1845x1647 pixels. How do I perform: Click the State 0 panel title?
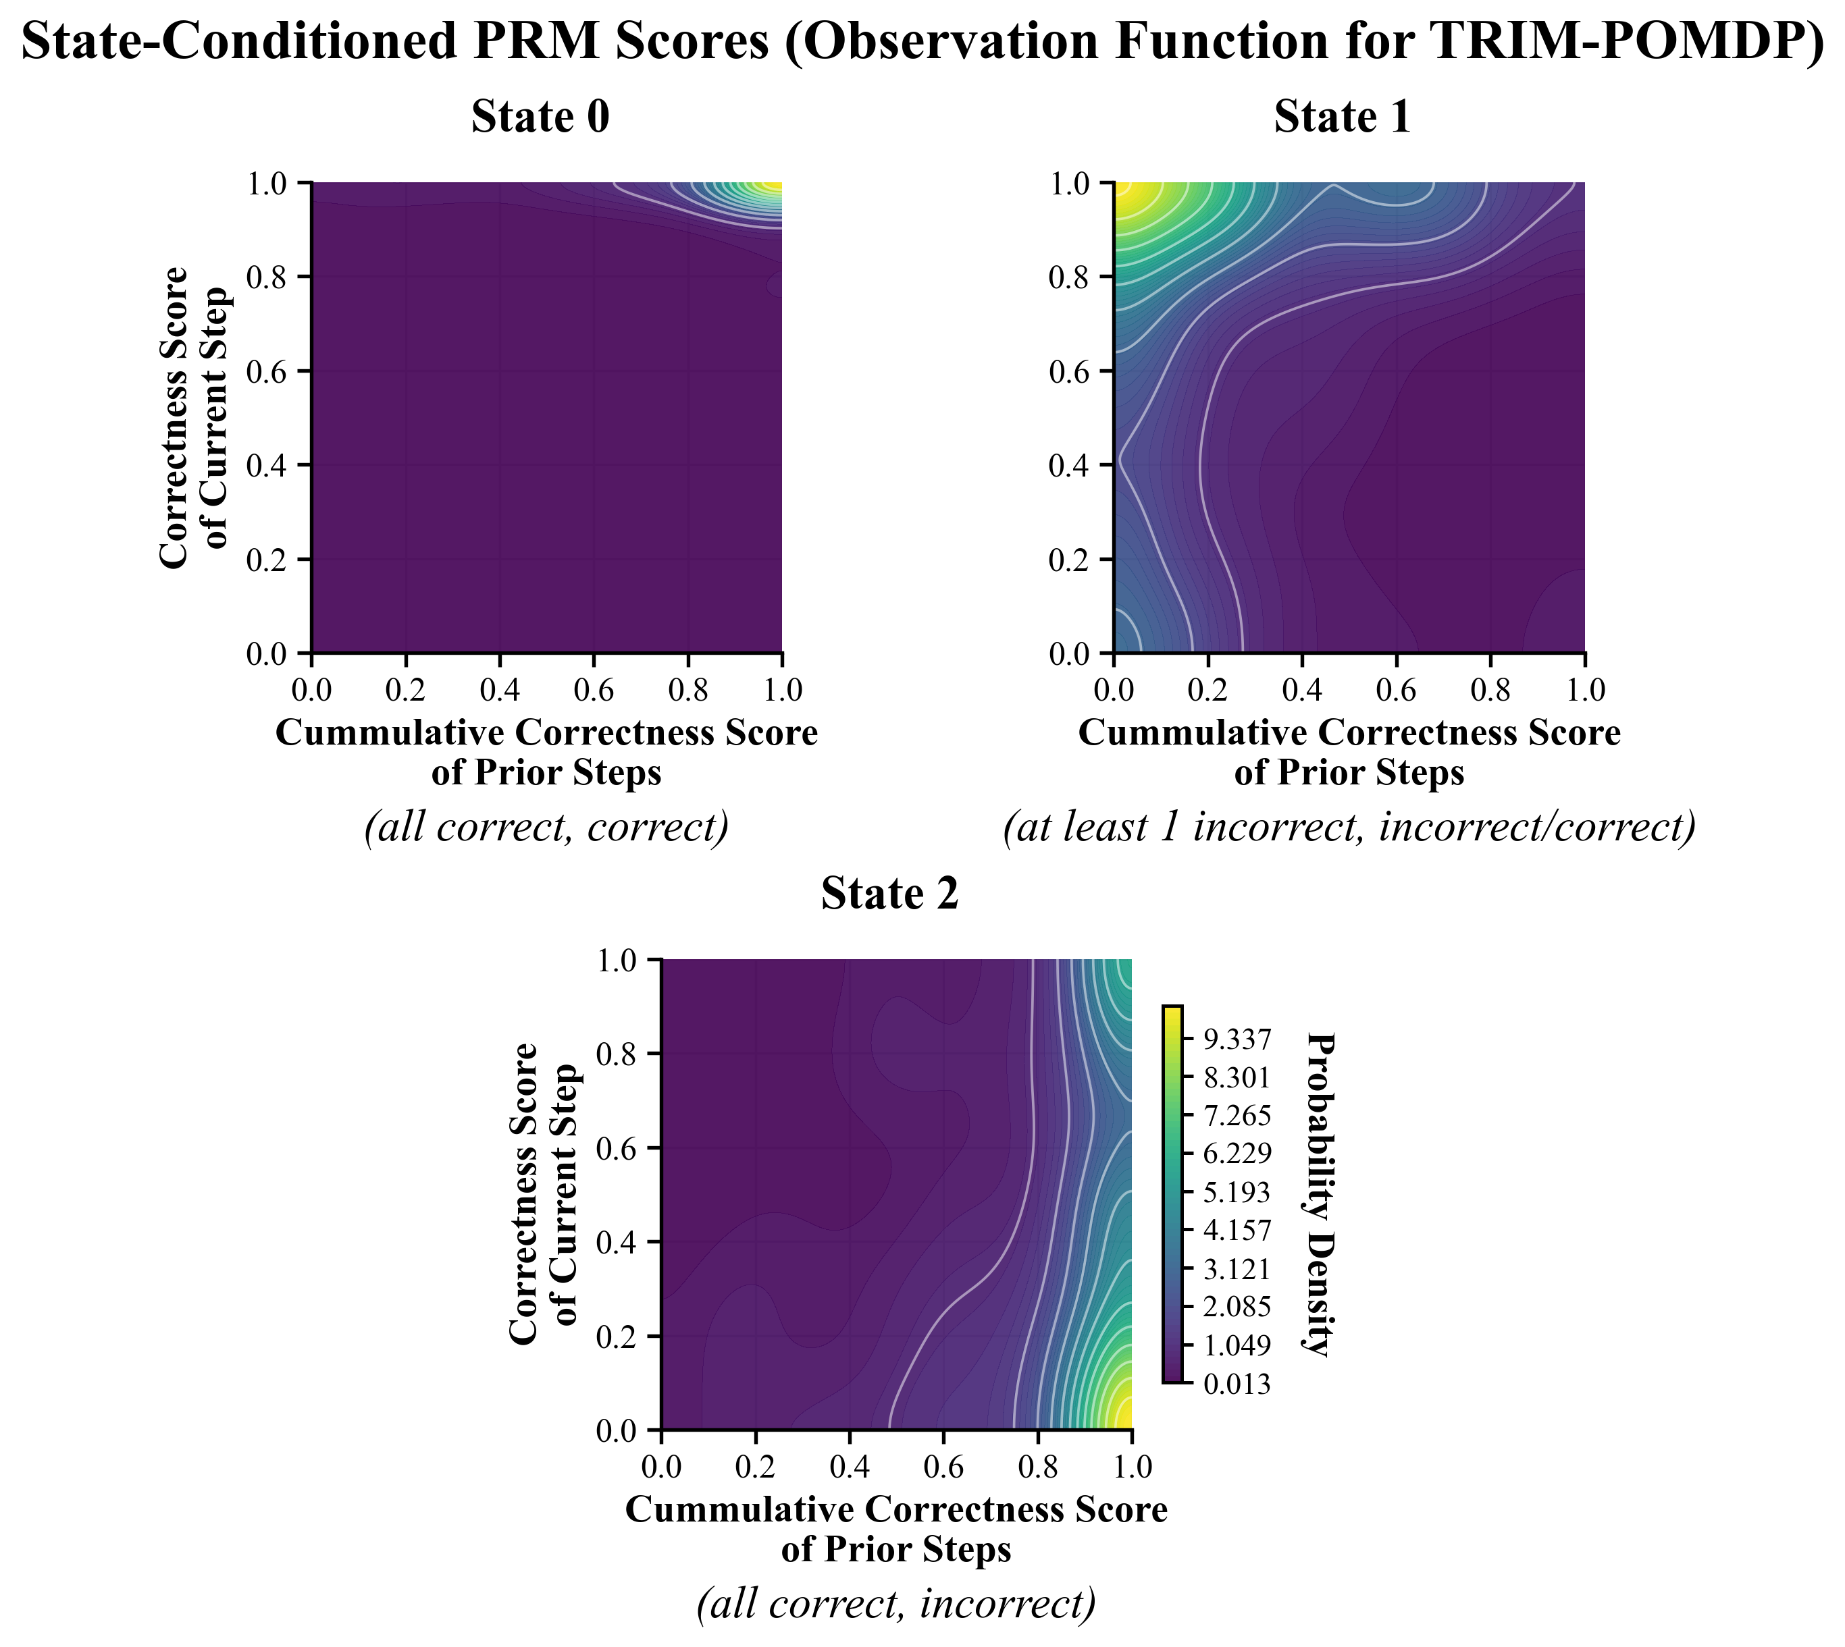[540, 117]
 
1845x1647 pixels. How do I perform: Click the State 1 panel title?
[1343, 117]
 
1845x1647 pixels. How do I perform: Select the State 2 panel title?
[890, 894]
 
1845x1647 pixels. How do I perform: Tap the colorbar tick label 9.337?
[1237, 1039]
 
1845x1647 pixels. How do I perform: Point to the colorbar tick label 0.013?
[1237, 1384]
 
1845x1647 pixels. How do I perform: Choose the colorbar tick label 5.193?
[1237, 1193]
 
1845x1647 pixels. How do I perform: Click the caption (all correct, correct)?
[546, 827]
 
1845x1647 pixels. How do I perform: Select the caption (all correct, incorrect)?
[896, 1604]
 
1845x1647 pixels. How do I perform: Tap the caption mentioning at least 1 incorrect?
[1349, 827]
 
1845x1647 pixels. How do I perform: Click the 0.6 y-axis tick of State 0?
[267, 371]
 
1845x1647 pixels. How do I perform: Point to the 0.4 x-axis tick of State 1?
[1302, 691]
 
